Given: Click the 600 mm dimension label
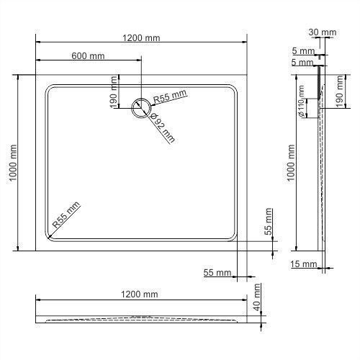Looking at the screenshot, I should click(89, 56).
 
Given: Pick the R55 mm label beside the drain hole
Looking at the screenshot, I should click(171, 96).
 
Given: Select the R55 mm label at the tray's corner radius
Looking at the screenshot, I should click(67, 217).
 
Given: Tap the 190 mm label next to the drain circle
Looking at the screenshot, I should click(114, 93).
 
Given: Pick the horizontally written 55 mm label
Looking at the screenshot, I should click(217, 272).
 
